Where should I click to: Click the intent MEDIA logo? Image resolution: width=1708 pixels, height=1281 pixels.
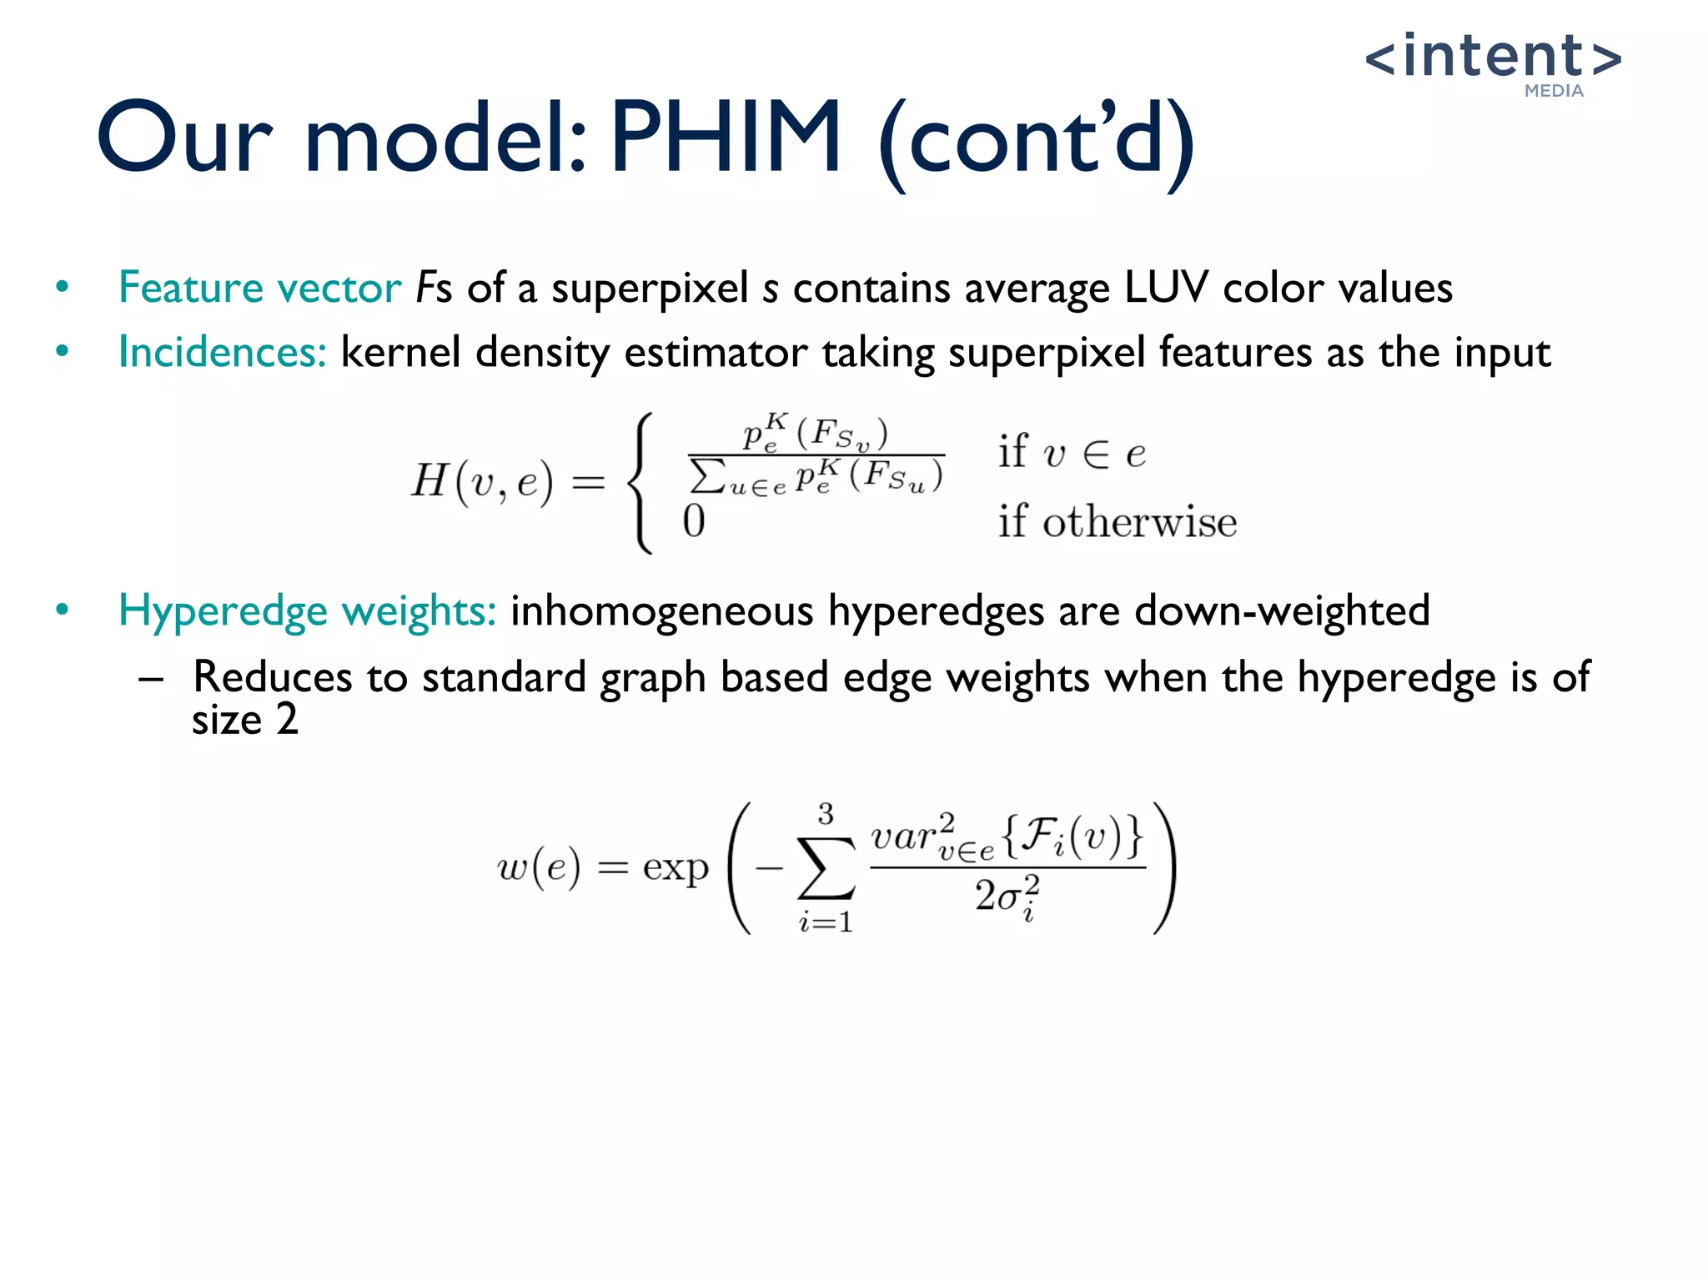(x=1493, y=63)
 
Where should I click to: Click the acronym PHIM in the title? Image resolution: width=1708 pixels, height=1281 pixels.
(x=726, y=138)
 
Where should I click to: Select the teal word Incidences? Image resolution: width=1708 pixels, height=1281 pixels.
(x=222, y=352)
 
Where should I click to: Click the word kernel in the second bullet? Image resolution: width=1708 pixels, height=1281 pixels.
(x=400, y=352)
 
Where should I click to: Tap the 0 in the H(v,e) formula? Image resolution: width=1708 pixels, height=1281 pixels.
(x=694, y=521)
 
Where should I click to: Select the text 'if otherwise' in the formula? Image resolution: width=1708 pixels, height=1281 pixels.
(x=1118, y=522)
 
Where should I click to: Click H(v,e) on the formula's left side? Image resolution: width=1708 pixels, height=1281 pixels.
(x=482, y=481)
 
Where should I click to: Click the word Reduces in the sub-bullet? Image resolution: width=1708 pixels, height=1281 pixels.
(x=272, y=676)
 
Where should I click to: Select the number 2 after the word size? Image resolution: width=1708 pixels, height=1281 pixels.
(x=287, y=719)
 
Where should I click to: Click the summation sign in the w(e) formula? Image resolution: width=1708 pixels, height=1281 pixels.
(x=826, y=867)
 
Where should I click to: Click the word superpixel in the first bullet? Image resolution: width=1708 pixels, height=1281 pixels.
(x=650, y=289)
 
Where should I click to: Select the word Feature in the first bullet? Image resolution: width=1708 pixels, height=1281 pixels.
(x=191, y=288)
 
